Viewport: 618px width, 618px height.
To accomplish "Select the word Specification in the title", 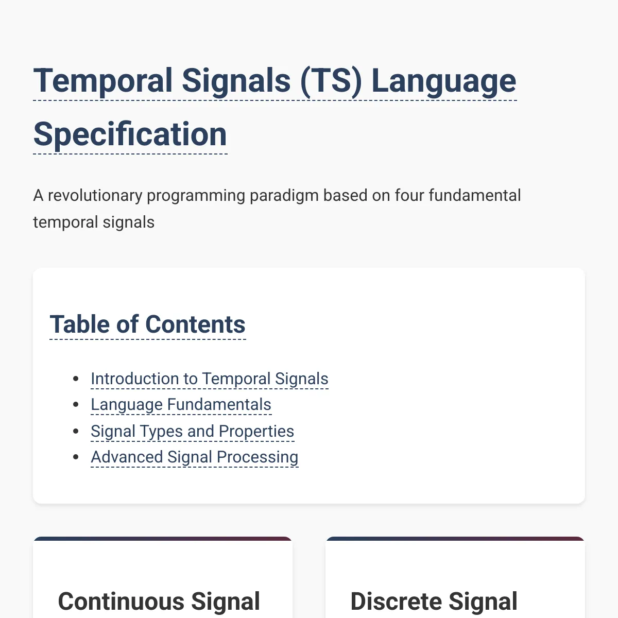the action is pos(130,135).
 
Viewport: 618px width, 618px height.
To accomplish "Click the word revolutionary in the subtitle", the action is pos(95,195).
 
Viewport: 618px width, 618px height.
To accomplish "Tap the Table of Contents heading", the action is pos(147,324).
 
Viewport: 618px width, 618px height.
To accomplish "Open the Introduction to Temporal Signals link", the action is pos(210,379).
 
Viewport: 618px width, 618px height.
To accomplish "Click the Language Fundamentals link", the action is pos(181,404).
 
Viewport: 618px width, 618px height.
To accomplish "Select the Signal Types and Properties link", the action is pos(193,431).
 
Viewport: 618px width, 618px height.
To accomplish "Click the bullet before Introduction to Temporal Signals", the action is pos(76,379).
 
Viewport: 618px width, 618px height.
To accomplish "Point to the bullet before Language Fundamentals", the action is pos(76,405).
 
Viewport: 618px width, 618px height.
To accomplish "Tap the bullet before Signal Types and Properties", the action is pos(76,431).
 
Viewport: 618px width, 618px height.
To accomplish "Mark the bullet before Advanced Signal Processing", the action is pos(76,457).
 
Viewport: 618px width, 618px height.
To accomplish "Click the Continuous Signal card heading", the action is pos(159,602).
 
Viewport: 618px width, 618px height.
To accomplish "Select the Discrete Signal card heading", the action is pos(434,602).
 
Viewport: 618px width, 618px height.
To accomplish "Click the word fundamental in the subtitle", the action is pos(475,195).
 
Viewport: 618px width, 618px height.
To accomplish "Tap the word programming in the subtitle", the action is pos(196,196).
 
